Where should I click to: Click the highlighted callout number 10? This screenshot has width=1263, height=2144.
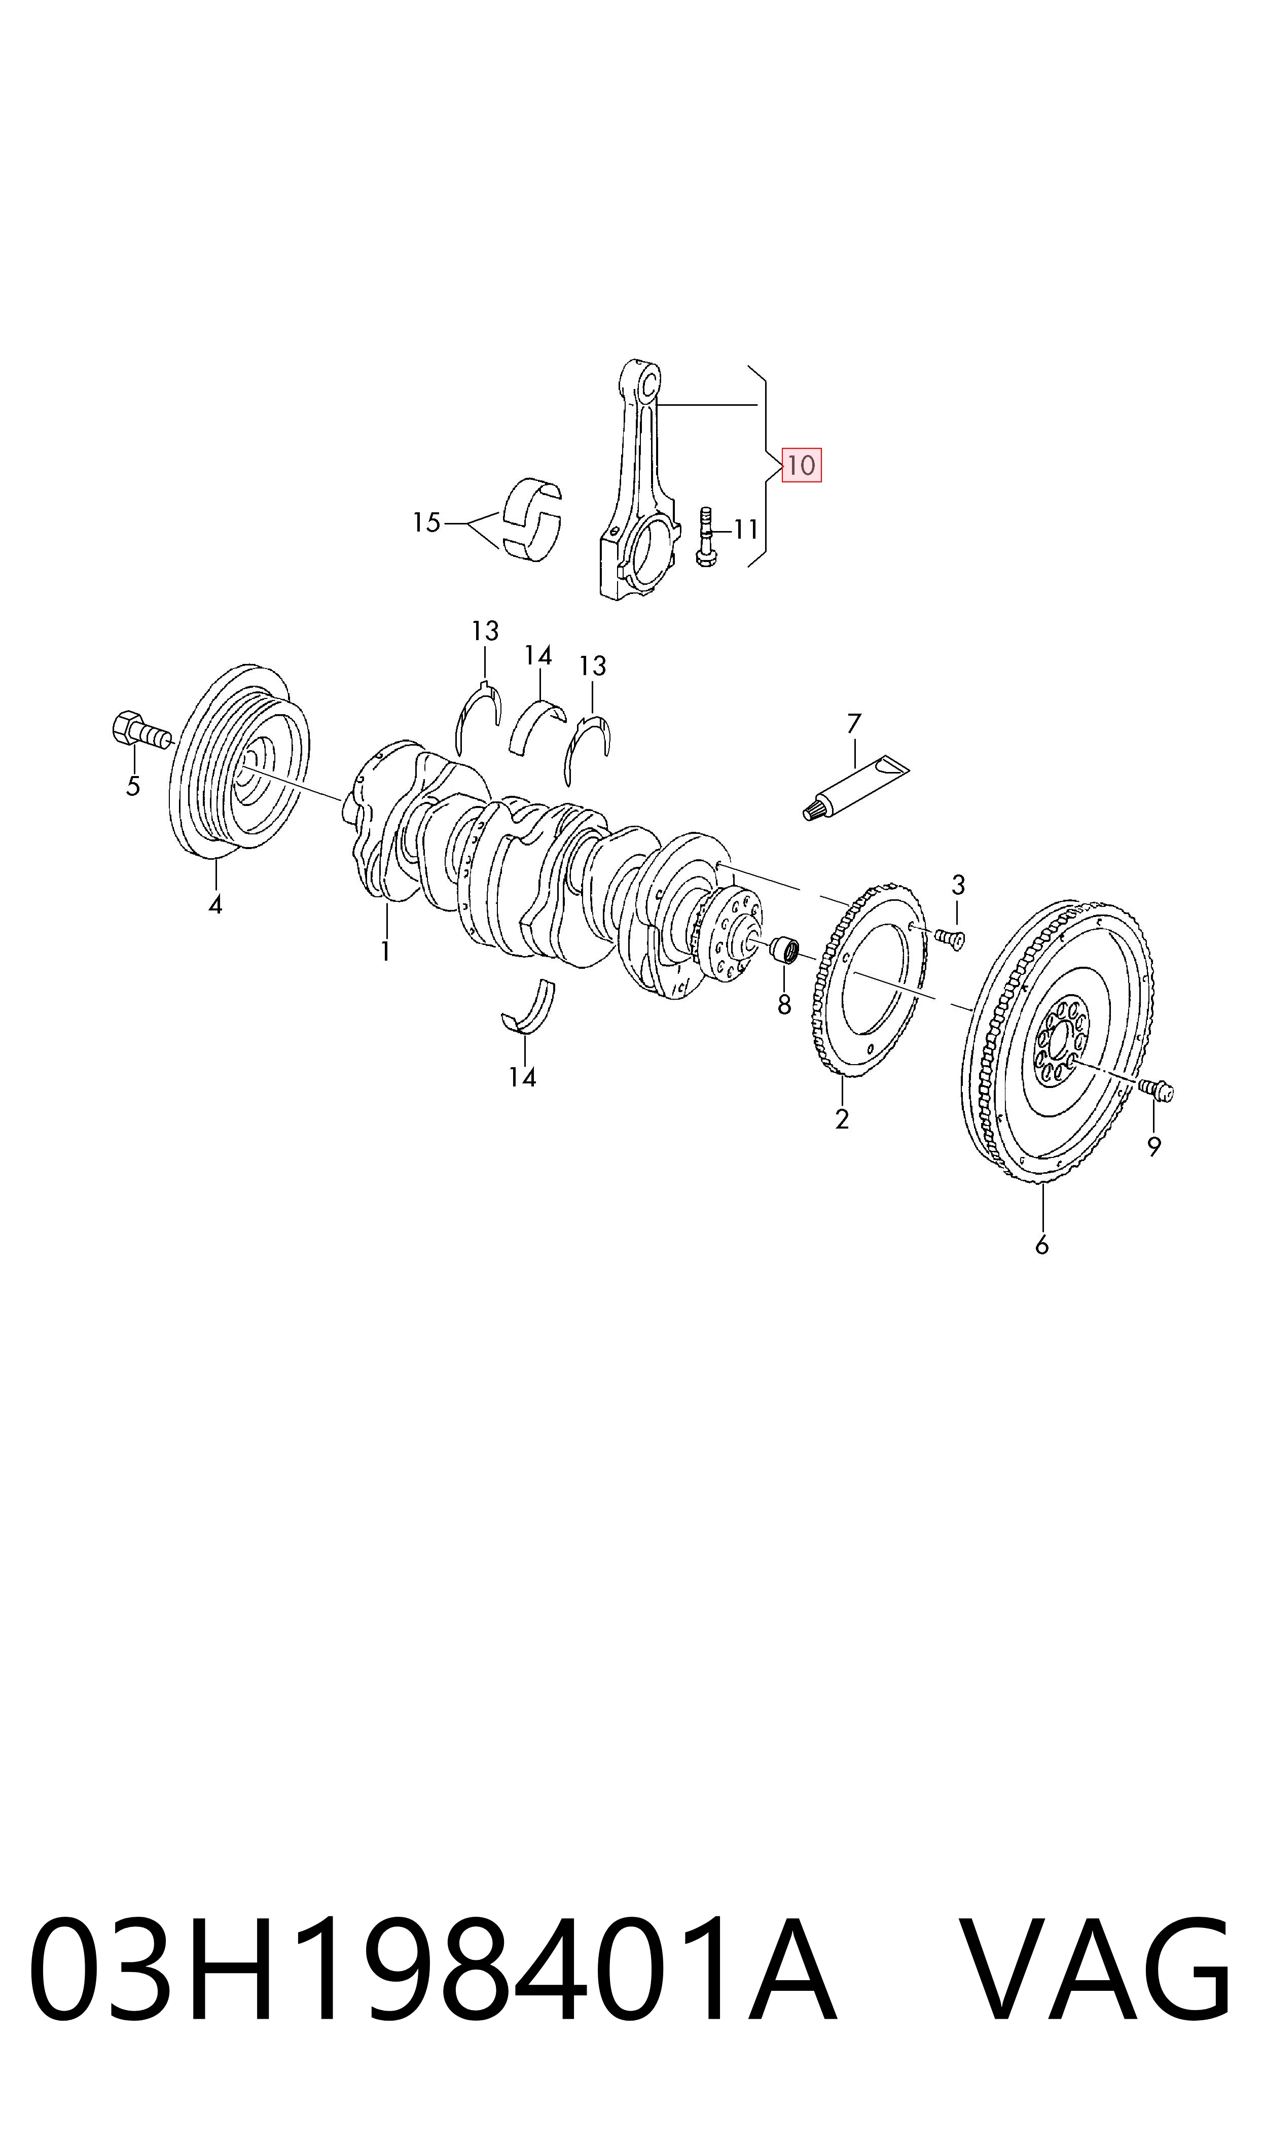[801, 465]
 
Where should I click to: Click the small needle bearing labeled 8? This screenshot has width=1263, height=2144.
[785, 950]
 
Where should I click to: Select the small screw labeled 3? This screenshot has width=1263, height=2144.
[949, 938]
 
